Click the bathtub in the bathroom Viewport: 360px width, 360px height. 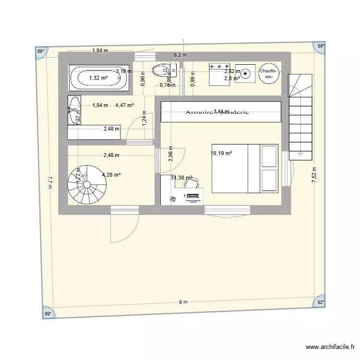99,78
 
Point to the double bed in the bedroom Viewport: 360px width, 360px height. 245,168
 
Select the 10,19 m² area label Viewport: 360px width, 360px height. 221,154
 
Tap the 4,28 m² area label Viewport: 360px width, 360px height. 111,175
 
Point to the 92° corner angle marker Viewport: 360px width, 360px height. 320,303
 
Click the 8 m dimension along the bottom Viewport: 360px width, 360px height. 183,302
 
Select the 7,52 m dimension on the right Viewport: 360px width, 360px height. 314,175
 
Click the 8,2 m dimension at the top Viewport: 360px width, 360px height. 180,55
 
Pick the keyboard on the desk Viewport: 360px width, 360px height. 192,196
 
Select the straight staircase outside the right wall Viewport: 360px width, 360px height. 300,115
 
